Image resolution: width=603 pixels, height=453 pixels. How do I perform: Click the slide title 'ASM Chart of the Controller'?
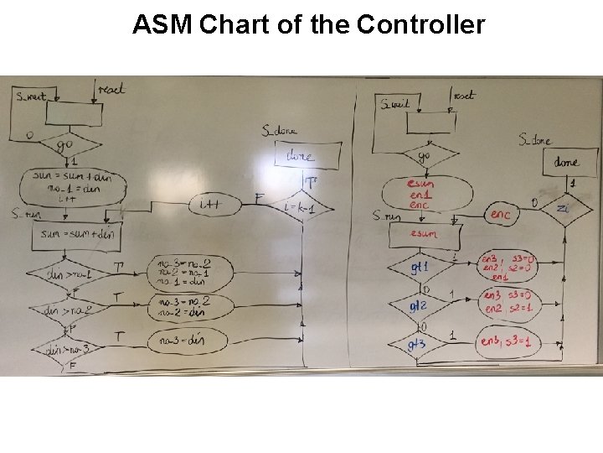(308, 25)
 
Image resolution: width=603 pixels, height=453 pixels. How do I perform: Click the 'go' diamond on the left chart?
(64, 144)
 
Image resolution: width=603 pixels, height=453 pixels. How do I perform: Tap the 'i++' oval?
(209, 204)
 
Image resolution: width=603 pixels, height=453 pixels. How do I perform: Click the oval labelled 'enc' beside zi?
(500, 215)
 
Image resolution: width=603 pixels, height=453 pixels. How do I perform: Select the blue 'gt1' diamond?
(420, 268)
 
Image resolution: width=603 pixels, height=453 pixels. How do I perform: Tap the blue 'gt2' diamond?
(419, 307)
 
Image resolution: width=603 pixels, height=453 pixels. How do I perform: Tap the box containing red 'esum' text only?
(422, 235)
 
